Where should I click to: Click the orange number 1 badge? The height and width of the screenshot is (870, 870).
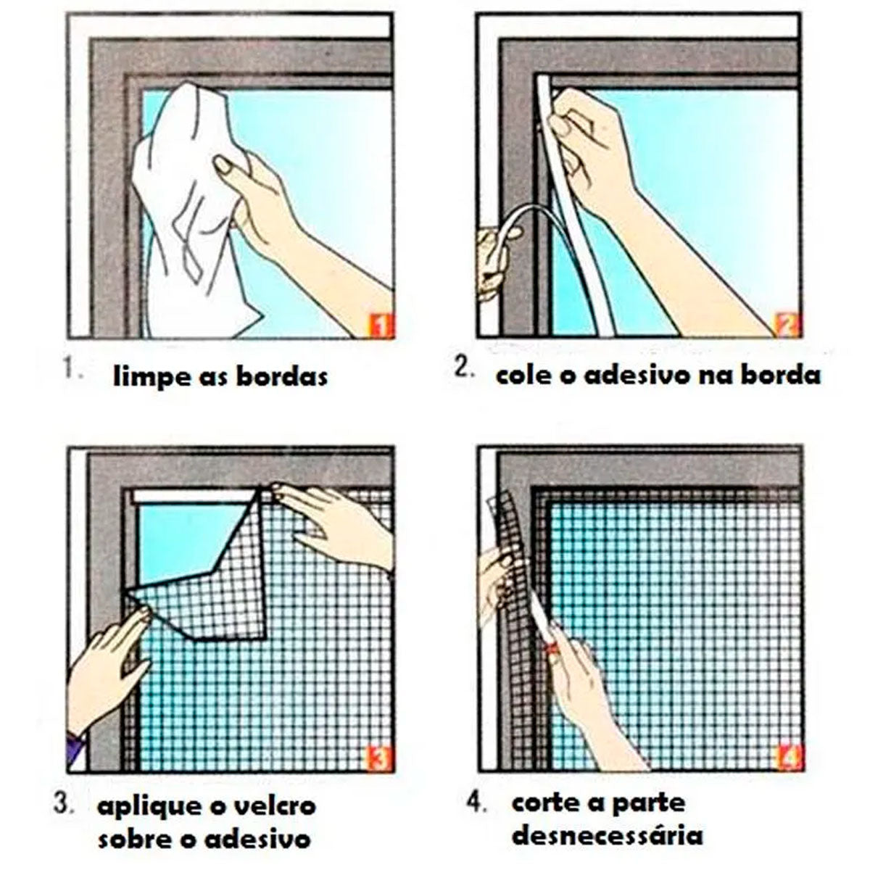click(381, 326)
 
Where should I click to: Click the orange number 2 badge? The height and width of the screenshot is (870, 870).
click(788, 325)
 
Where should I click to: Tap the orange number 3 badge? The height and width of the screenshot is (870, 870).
click(380, 760)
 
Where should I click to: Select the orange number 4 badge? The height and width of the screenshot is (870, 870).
click(789, 758)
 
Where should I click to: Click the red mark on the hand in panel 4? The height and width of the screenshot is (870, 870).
click(551, 649)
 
